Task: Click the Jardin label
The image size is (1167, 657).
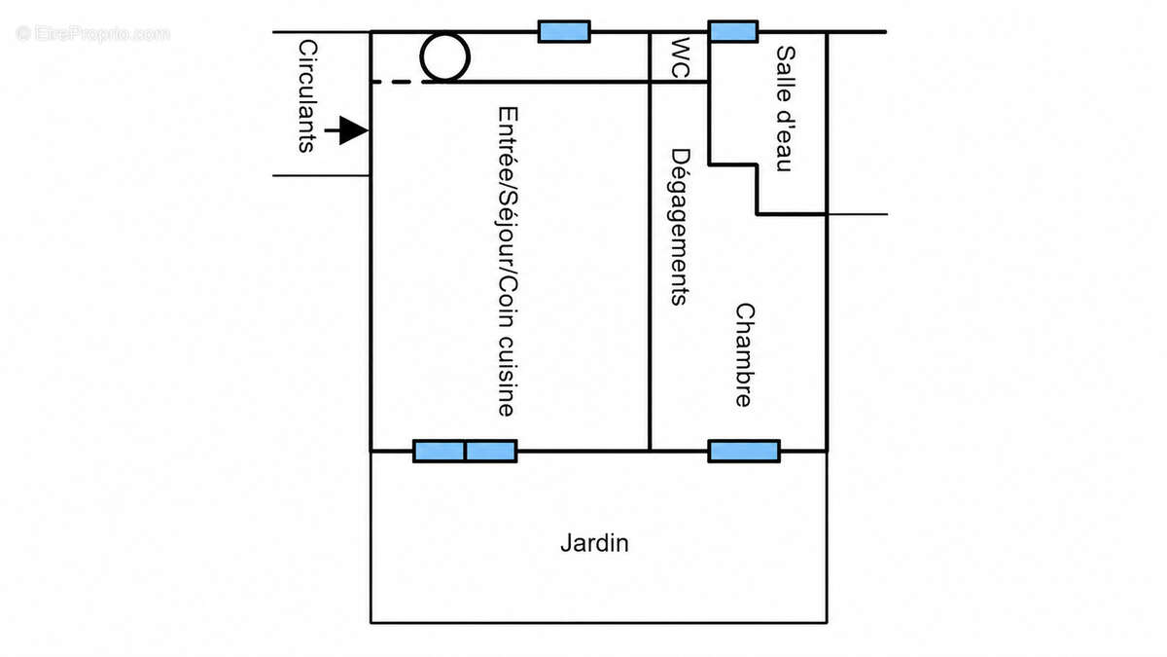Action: tap(594, 544)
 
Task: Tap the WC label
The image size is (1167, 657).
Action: tap(681, 57)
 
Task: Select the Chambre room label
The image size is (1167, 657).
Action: tap(745, 355)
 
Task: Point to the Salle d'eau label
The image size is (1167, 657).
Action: tap(785, 109)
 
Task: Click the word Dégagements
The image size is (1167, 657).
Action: tap(680, 227)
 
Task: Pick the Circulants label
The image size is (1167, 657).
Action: tap(307, 96)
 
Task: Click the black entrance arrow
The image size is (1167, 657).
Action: tap(346, 130)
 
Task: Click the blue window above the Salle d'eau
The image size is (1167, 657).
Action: tap(732, 31)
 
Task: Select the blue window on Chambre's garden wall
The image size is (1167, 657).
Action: tap(744, 451)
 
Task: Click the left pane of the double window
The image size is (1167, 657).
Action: tap(439, 451)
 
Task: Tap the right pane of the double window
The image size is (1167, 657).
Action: tap(491, 451)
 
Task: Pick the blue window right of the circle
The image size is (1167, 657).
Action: tap(564, 31)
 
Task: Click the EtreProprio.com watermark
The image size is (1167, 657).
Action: tap(93, 34)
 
